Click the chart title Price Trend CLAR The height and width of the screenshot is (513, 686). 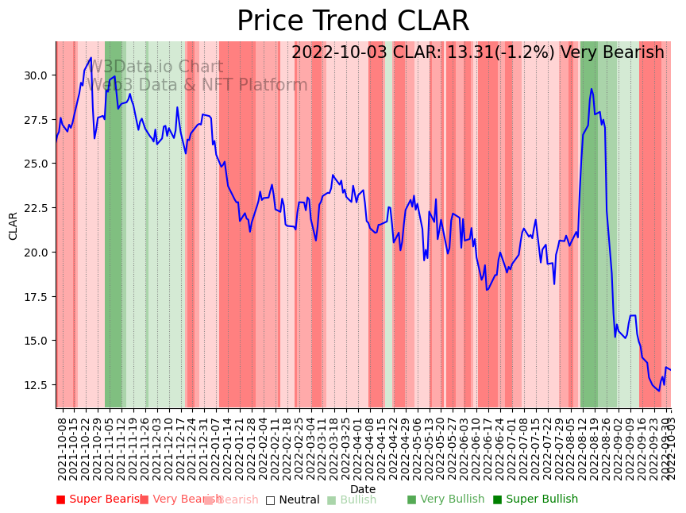click(x=353, y=21)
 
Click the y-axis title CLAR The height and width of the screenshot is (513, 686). click(x=13, y=225)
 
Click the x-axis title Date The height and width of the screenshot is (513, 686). click(x=363, y=489)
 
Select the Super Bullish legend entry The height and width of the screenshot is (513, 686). click(x=535, y=499)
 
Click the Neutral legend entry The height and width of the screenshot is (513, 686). click(x=292, y=500)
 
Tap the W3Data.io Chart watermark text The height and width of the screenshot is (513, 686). click(x=156, y=67)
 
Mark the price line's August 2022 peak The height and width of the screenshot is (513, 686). click(x=592, y=89)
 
